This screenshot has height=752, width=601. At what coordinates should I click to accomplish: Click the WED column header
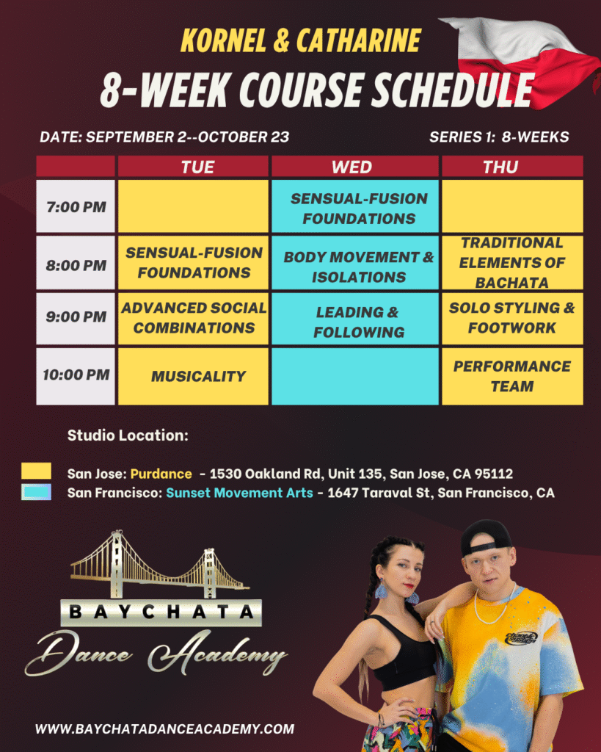[x=354, y=167]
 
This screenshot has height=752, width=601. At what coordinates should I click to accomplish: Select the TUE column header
[x=193, y=167]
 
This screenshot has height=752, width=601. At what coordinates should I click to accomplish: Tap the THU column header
[x=512, y=167]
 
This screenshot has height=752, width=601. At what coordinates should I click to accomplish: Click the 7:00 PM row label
[x=76, y=206]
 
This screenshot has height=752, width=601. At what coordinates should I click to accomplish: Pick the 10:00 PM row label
[x=76, y=376]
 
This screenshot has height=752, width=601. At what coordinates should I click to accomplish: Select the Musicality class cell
[x=193, y=376]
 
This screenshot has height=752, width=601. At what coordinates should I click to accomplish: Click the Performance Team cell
[x=512, y=376]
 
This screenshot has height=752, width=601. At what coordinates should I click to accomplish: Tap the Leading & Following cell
[x=354, y=319]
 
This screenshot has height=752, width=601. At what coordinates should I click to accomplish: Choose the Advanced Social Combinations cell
[x=193, y=319]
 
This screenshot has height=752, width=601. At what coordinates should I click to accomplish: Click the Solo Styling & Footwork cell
[x=512, y=319]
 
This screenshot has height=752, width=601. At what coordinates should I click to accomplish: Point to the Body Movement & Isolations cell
[x=354, y=262]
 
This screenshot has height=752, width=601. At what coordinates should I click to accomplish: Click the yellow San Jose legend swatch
[x=36, y=471]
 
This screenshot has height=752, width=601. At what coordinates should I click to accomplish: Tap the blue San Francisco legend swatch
[x=36, y=492]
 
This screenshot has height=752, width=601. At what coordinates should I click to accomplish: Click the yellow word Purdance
[x=161, y=474]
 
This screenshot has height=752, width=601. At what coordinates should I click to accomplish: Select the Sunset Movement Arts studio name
[x=239, y=493]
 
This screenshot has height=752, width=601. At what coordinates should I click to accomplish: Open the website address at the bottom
[x=165, y=729]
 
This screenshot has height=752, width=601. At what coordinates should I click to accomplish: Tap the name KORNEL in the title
[x=223, y=40]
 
